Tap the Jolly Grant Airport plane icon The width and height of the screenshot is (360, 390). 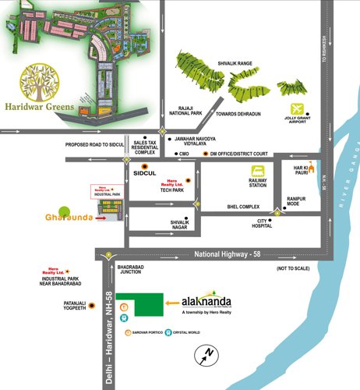tap(295, 108)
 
